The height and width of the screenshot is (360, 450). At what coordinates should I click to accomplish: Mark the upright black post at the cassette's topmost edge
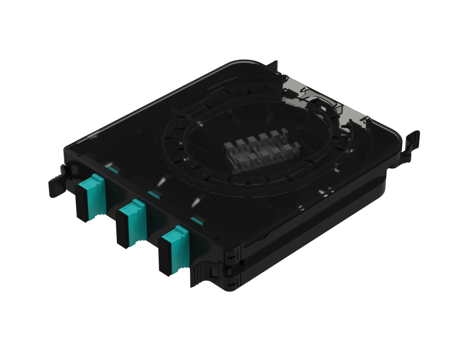point(276,65)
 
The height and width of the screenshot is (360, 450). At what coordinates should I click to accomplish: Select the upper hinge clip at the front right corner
point(233,256)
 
